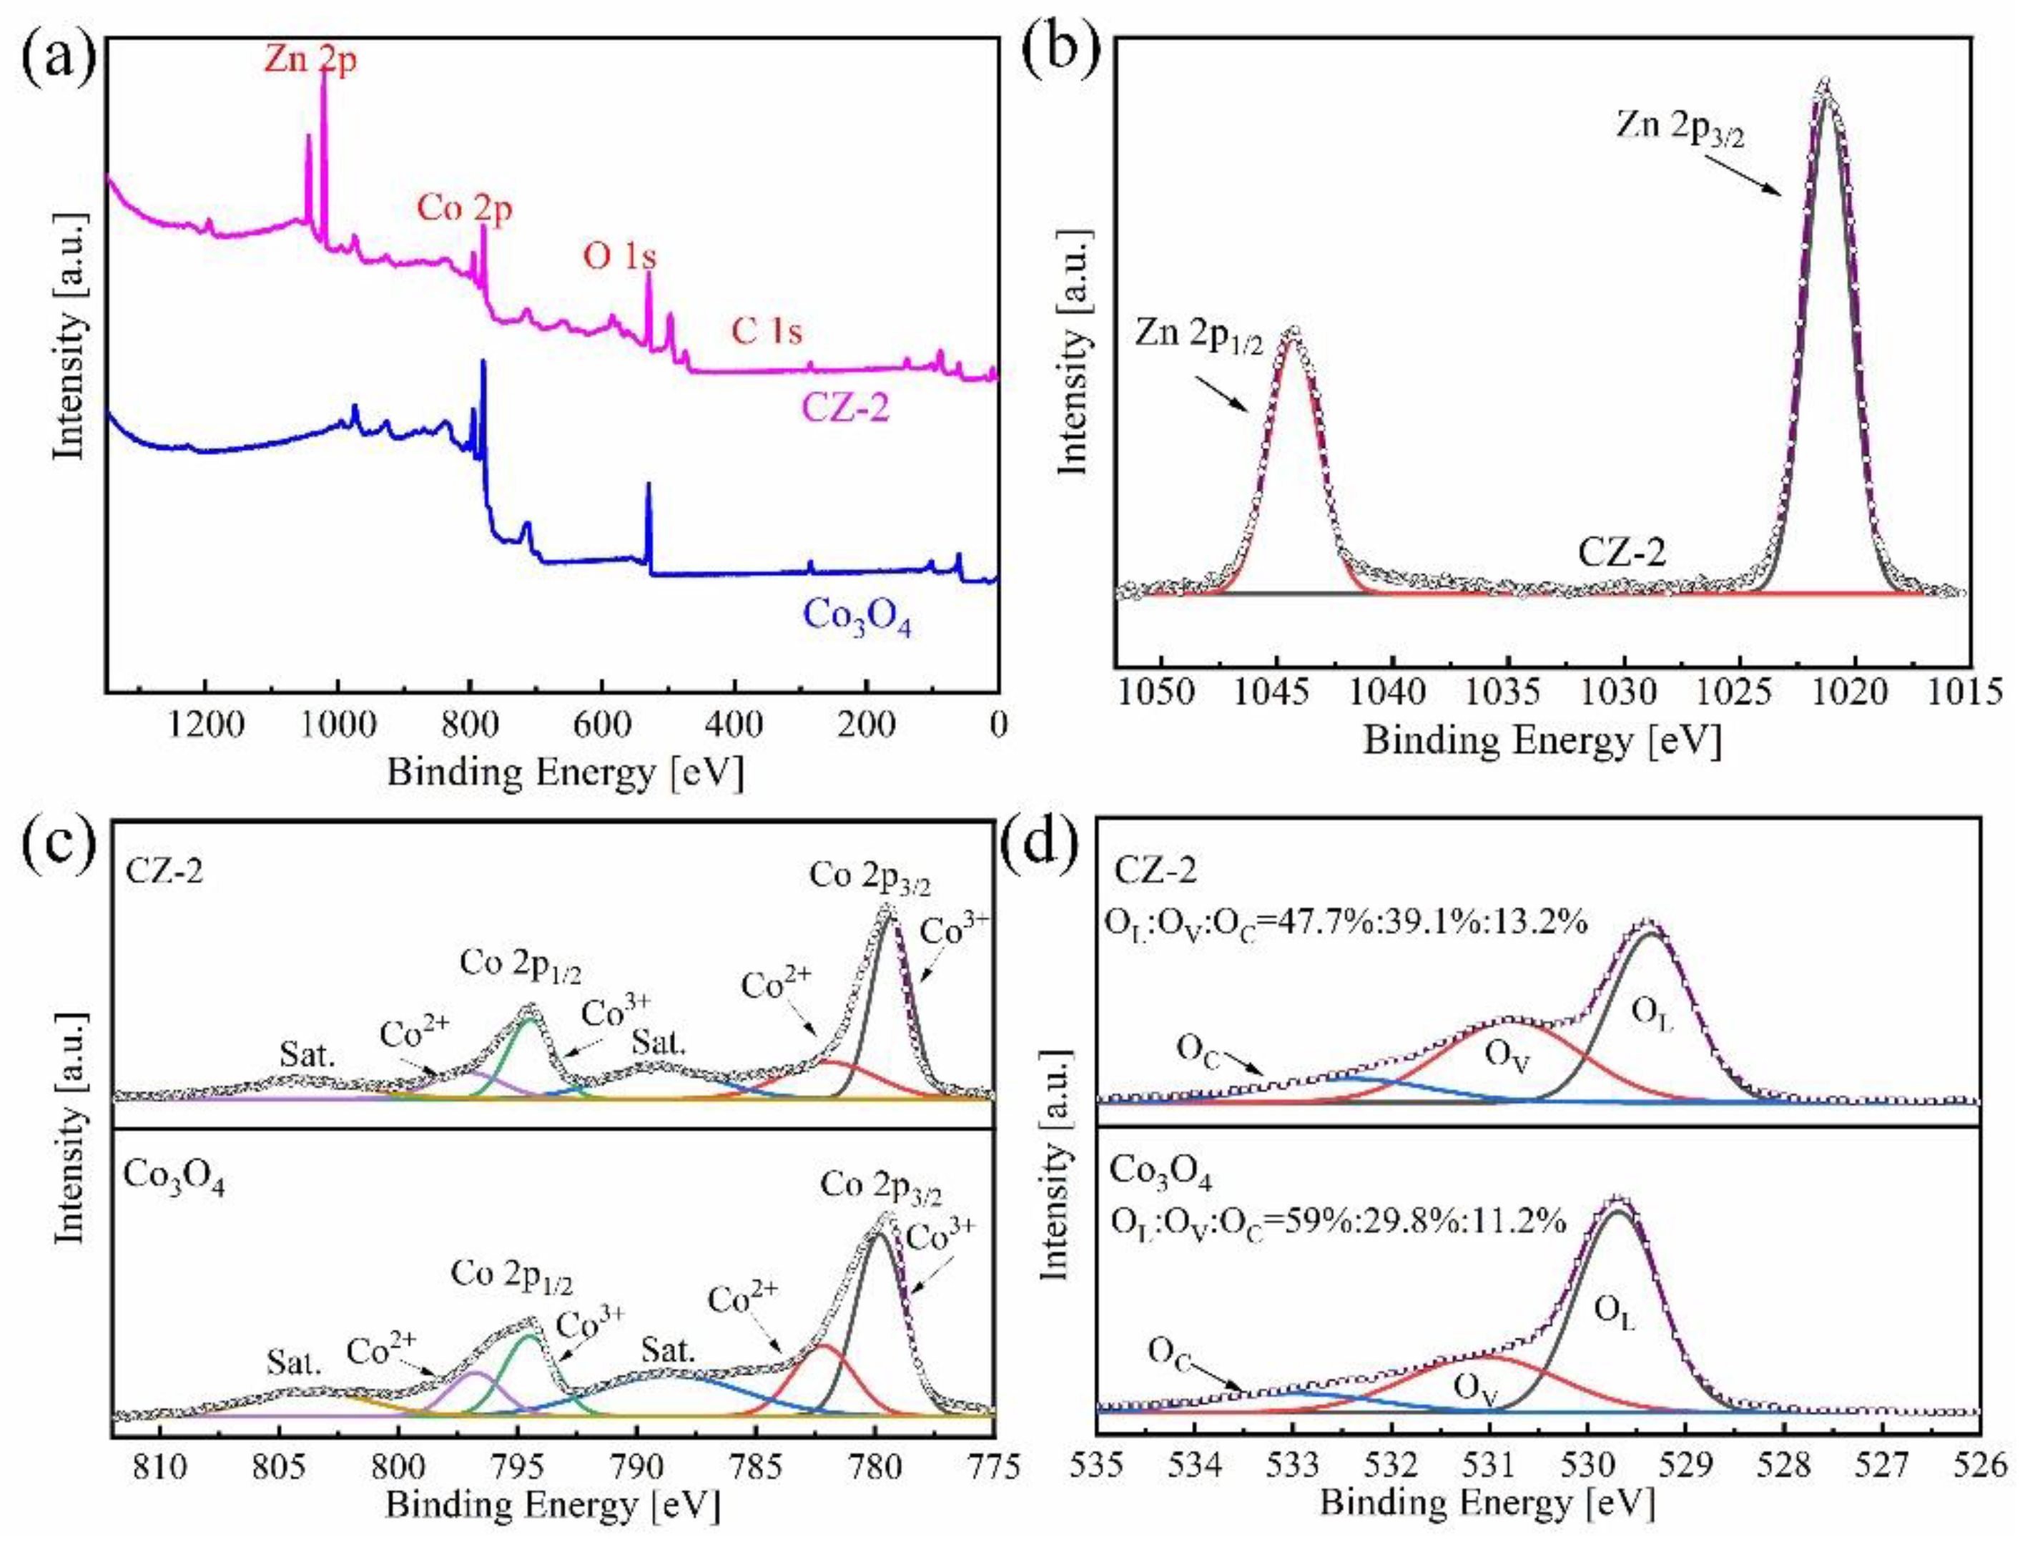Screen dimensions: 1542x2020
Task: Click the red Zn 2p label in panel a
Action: [x=310, y=61]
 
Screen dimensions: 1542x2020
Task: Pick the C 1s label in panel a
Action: [x=767, y=330]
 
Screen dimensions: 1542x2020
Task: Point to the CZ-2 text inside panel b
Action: [x=1622, y=554]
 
